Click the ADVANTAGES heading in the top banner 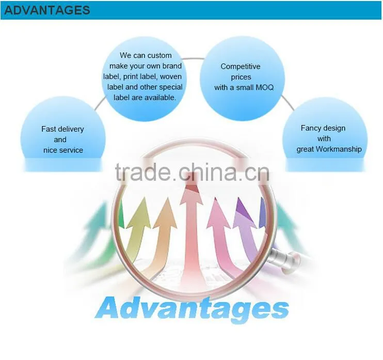(x=47, y=10)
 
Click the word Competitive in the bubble (x=241, y=67)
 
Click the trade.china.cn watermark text (x=192, y=172)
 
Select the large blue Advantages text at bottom (x=191, y=309)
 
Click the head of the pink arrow (x=218, y=214)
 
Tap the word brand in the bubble (x=172, y=66)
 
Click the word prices (x=241, y=77)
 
